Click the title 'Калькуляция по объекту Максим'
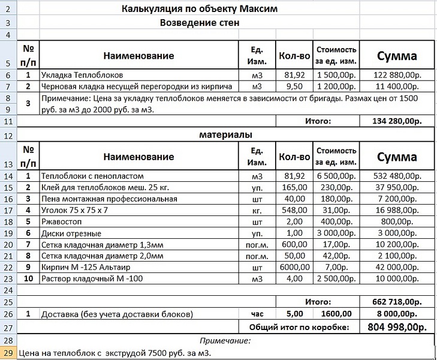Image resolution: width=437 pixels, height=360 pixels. [200, 9]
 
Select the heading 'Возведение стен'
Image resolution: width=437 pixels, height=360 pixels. [200, 23]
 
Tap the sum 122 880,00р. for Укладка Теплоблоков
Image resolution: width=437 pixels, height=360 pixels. [396, 76]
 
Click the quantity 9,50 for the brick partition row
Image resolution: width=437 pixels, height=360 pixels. [294, 86]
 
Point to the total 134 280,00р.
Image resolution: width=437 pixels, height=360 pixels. [396, 121]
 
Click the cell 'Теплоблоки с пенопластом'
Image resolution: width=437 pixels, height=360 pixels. [93, 176]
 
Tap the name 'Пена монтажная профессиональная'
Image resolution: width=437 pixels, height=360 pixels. [109, 199]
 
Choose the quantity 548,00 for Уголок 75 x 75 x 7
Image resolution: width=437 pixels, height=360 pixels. [294, 211]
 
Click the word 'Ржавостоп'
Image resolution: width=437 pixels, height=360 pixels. [61, 222]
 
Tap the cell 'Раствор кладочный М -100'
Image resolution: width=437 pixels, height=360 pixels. [92, 279]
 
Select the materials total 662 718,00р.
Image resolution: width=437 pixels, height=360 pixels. [396, 302]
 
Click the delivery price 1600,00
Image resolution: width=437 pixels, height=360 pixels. [337, 314]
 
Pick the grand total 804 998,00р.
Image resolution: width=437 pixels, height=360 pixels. [396, 327]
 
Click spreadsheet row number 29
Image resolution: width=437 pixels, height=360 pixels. [8, 353]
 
